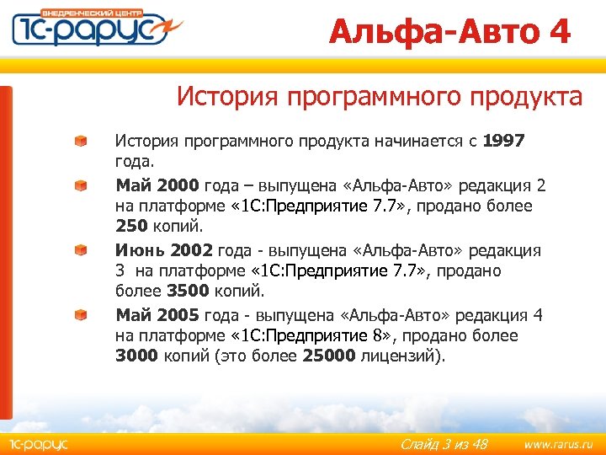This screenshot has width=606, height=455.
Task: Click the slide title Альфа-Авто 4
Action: [x=449, y=32]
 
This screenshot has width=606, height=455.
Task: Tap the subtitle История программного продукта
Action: [x=379, y=97]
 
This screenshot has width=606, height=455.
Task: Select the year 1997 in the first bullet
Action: [x=504, y=141]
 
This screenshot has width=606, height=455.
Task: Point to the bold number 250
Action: [x=131, y=227]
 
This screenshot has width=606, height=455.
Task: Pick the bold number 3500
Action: [x=189, y=292]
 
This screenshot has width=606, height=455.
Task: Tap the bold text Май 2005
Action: [x=157, y=315]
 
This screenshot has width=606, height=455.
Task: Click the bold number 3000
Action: [x=136, y=356]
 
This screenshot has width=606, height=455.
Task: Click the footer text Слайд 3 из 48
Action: [x=444, y=443]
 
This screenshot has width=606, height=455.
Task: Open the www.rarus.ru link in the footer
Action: [x=552, y=443]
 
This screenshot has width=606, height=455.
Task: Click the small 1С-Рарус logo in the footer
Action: [x=38, y=443]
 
